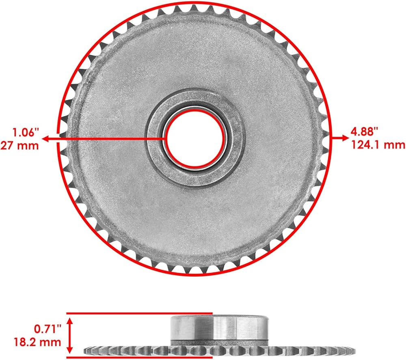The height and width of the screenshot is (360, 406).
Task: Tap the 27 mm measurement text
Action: point(19,145)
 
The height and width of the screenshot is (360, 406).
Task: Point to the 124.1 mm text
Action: point(378,144)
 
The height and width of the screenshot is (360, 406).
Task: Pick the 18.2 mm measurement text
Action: point(37,342)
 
